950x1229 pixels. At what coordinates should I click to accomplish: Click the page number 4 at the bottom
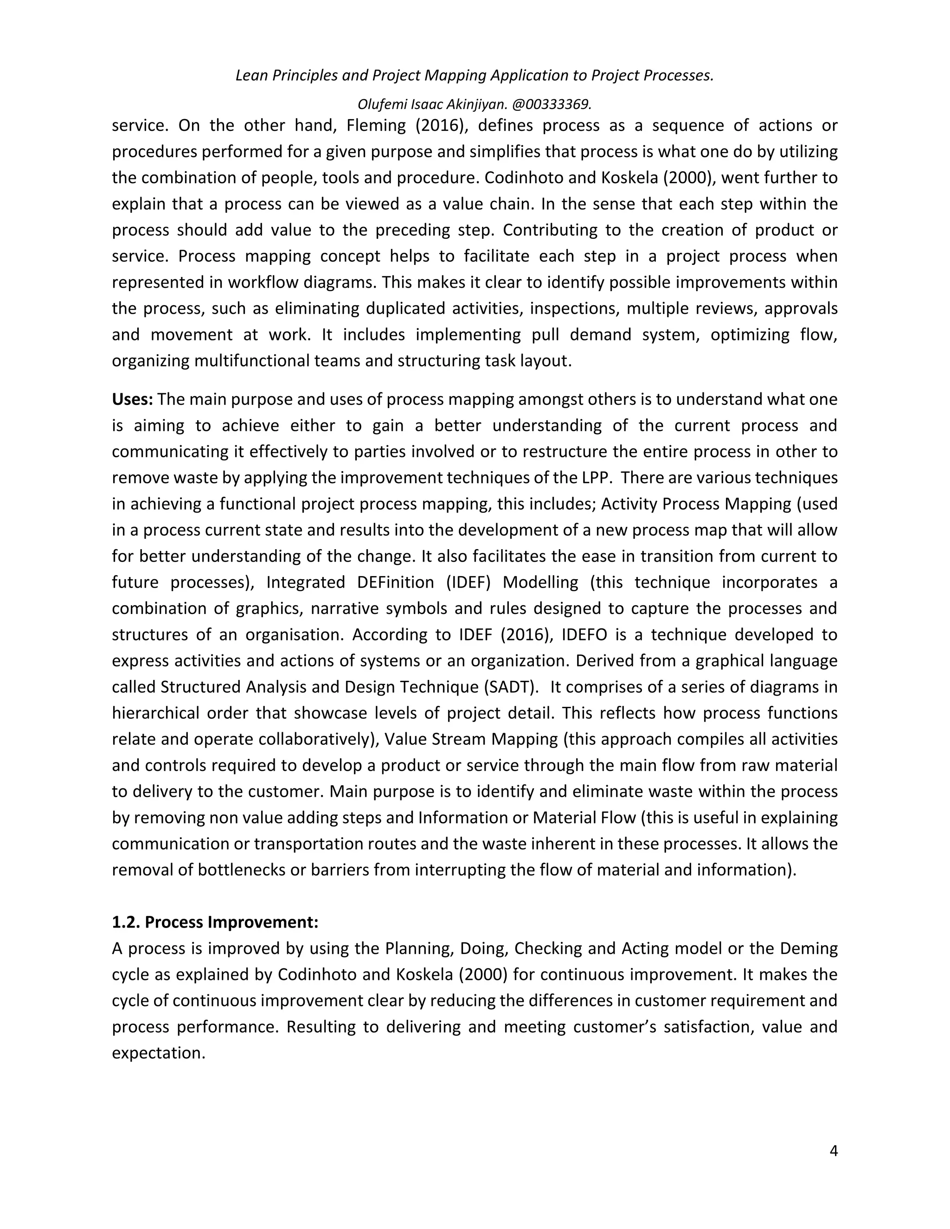pyautogui.click(x=834, y=1151)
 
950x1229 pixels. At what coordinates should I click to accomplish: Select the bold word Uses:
pyautogui.click(x=132, y=399)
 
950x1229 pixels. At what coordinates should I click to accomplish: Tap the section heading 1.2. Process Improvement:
pyautogui.click(x=215, y=922)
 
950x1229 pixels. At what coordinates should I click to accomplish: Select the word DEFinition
pyautogui.click(x=395, y=582)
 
